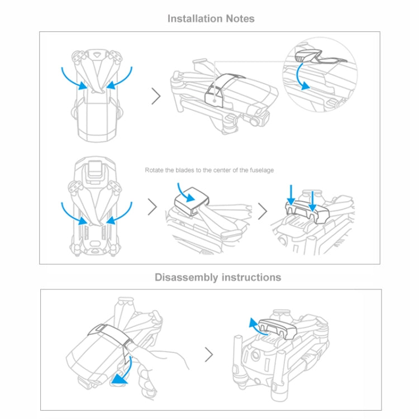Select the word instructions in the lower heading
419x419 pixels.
click(x=251, y=277)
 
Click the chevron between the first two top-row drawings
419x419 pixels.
click(x=156, y=96)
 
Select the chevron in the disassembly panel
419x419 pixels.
click(x=209, y=354)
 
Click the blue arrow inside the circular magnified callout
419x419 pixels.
click(x=303, y=77)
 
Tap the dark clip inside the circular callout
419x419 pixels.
click(x=309, y=56)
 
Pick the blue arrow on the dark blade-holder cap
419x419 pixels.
click(x=191, y=194)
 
